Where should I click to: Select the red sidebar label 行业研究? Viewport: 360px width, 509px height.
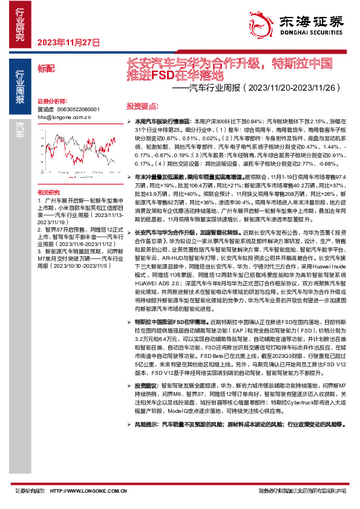click(x=19, y=25)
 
